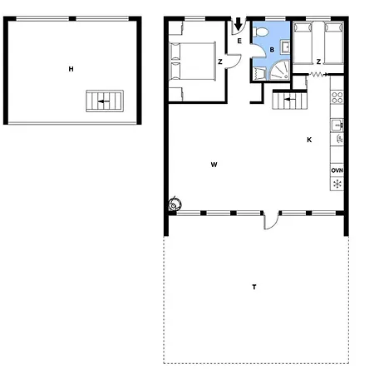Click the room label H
point(71,69)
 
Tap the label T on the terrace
point(254,287)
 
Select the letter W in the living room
point(214,165)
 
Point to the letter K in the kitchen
point(309,140)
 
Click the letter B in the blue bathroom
point(272,50)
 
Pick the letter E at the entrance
point(239,41)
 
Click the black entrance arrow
point(238,24)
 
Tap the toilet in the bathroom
point(261,32)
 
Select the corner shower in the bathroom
point(279,71)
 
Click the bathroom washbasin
point(285,47)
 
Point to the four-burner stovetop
point(337,97)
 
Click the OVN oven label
point(337,170)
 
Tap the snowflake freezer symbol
point(337,184)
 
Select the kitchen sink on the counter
point(337,125)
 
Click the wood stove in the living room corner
point(175,205)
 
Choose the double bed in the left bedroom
point(193,62)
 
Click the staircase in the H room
point(105,101)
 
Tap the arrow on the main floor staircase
point(290,99)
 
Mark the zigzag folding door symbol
point(318,74)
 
